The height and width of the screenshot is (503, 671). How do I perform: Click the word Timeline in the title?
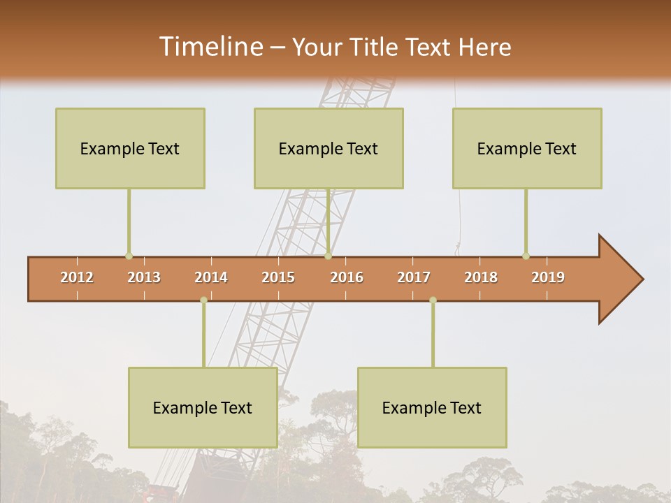(210, 47)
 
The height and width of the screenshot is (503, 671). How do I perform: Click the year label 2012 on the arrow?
(77, 277)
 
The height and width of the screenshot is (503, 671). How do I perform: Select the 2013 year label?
(144, 277)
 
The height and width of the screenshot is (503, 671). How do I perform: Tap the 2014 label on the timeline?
(211, 277)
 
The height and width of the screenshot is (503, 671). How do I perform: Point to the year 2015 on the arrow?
(278, 277)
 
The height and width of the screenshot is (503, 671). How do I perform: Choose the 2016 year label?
(347, 277)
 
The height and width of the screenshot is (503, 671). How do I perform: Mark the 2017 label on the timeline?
(414, 277)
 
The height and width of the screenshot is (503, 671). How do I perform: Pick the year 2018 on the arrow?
(481, 277)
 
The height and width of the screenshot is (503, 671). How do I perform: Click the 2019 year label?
(548, 277)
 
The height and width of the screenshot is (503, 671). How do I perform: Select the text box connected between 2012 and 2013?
(130, 148)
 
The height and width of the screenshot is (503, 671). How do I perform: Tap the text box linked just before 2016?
(329, 148)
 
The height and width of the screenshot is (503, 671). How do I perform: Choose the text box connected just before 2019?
(527, 148)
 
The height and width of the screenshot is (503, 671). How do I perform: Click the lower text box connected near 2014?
(203, 407)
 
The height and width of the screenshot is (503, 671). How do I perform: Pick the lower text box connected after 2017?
(432, 407)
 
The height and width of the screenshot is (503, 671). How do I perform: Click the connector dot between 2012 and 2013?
(129, 256)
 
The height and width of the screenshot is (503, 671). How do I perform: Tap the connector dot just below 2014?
(203, 300)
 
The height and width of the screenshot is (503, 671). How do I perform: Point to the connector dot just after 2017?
(433, 300)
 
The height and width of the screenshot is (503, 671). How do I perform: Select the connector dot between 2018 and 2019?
(526, 256)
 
